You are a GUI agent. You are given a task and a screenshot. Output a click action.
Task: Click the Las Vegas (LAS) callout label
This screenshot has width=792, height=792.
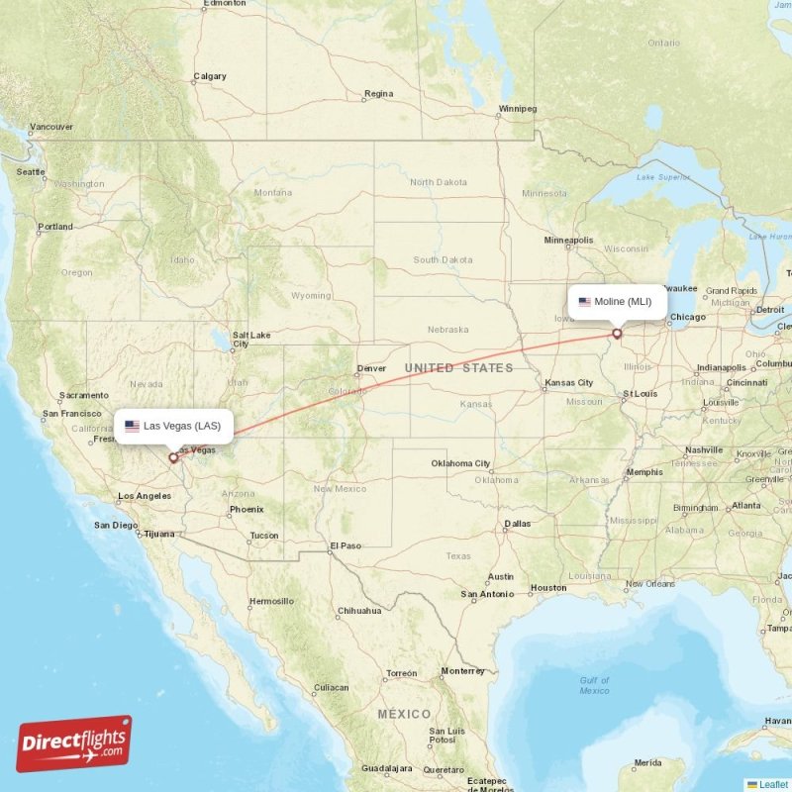click(173, 426)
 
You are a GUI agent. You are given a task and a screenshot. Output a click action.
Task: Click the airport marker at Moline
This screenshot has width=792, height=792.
click(617, 334)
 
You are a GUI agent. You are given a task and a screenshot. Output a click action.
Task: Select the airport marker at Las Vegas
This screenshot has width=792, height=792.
click(173, 457)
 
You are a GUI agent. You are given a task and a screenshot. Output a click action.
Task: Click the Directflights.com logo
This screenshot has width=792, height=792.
click(74, 743)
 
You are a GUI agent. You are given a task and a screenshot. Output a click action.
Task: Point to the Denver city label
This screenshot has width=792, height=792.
click(371, 368)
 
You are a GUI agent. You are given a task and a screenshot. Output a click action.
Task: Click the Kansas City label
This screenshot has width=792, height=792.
click(571, 382)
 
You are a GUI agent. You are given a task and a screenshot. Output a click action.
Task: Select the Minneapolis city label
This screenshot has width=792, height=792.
click(568, 240)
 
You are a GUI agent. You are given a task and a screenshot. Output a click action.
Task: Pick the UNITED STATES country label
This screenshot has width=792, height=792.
click(458, 368)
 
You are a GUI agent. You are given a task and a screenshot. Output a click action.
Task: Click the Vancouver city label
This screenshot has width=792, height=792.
click(51, 127)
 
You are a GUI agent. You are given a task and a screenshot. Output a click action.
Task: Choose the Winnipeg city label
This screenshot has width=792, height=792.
click(518, 108)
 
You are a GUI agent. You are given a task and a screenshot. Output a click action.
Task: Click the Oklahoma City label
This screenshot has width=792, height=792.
click(460, 463)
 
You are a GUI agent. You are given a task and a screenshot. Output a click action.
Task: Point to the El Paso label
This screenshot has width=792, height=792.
click(346, 545)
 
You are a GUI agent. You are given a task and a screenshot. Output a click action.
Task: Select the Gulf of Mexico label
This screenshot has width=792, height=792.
click(595, 685)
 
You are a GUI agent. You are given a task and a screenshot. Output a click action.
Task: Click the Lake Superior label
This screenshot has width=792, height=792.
click(662, 177)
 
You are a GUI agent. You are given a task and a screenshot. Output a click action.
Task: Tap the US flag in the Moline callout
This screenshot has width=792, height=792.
click(585, 302)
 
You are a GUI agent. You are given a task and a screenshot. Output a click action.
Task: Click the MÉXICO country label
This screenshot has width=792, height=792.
click(404, 714)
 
